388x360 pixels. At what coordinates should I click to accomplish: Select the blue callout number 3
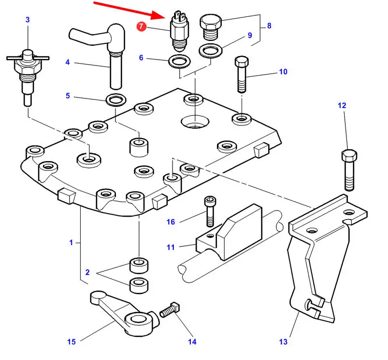click(28, 20)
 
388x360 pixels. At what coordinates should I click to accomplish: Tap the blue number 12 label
click(342, 105)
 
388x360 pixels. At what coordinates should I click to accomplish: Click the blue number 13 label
click(283, 342)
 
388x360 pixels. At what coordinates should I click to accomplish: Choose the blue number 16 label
click(170, 222)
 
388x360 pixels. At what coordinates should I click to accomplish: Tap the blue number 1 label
click(71, 242)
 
